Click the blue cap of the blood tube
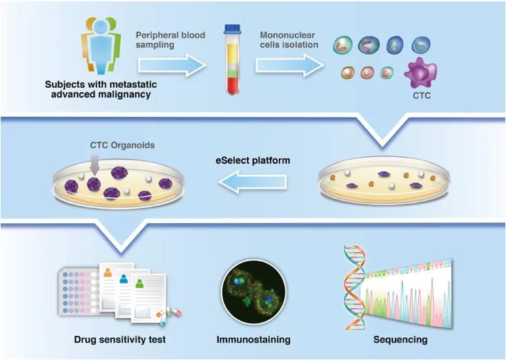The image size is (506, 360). tap(232, 29)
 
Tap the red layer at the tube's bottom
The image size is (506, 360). tap(233, 86)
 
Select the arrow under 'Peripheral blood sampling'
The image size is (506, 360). tap(172, 65)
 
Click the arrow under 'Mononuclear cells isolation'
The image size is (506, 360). tap(290, 65)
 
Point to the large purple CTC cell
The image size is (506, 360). tap(420, 73)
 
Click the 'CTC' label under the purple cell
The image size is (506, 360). tap(422, 95)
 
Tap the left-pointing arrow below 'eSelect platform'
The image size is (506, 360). tap(253, 182)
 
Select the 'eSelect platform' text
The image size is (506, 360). tap(253, 160)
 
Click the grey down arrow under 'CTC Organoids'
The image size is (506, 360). tap(95, 165)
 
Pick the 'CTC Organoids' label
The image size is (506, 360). tap(122, 145)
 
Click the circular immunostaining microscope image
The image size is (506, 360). tap(253, 292)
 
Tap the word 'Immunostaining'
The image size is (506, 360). tap(253, 340)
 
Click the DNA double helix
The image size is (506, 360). tap(354, 287)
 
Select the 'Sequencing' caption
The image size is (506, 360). tap(400, 340)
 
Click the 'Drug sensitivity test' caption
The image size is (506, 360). tap(119, 340)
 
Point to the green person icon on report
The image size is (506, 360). tap(139, 283)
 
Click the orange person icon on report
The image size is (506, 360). tap(108, 272)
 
